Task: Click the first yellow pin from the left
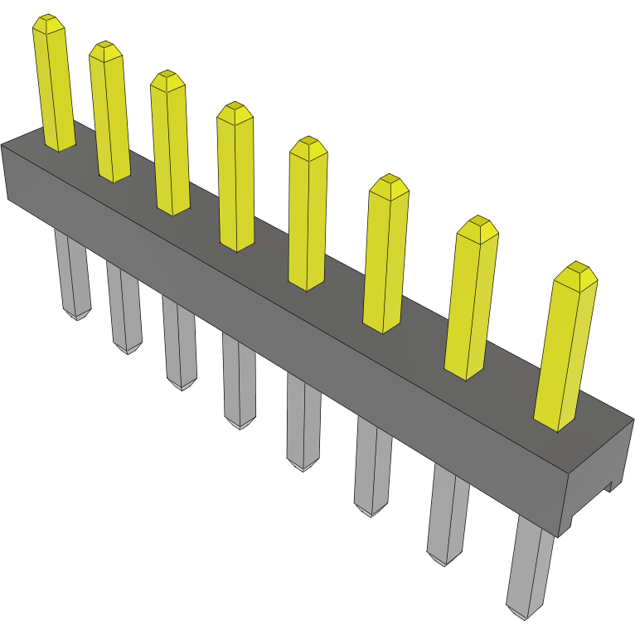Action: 55,87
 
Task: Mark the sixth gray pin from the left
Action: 372,464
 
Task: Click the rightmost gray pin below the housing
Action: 529,568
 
